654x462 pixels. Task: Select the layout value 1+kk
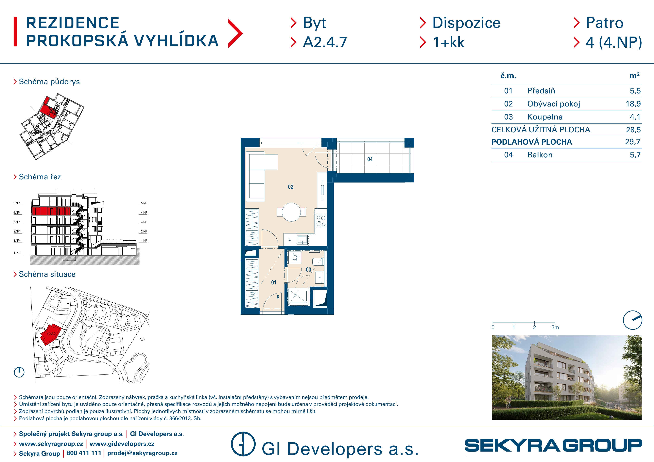(449, 42)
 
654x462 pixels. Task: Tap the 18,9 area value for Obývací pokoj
(633, 104)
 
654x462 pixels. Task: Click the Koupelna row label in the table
(545, 117)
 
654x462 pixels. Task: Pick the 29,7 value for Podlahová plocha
(633, 142)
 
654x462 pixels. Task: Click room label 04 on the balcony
(370, 159)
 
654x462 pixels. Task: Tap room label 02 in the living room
(291, 187)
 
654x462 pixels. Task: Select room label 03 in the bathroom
(308, 270)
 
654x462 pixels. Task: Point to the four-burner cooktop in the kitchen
(321, 221)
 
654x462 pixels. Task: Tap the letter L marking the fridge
(290, 239)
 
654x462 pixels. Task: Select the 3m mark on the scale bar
(555, 327)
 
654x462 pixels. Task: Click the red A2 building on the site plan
(50, 334)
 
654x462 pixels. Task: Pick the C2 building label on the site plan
(127, 324)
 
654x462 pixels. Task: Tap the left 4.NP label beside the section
(17, 213)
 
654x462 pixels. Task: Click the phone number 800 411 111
(84, 453)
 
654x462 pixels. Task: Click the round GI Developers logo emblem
(243, 444)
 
